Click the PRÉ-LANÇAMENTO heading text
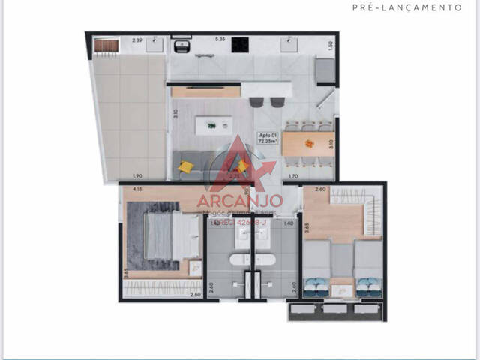pos(406,7)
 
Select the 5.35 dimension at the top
pos(220,39)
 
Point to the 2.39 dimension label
pos(137,39)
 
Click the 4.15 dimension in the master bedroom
pos(138,190)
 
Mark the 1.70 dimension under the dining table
pos(294,176)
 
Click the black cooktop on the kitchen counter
pos(241,46)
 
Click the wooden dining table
pos(307,142)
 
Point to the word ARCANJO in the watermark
pos(239,200)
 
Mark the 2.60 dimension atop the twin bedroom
pos(320,190)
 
